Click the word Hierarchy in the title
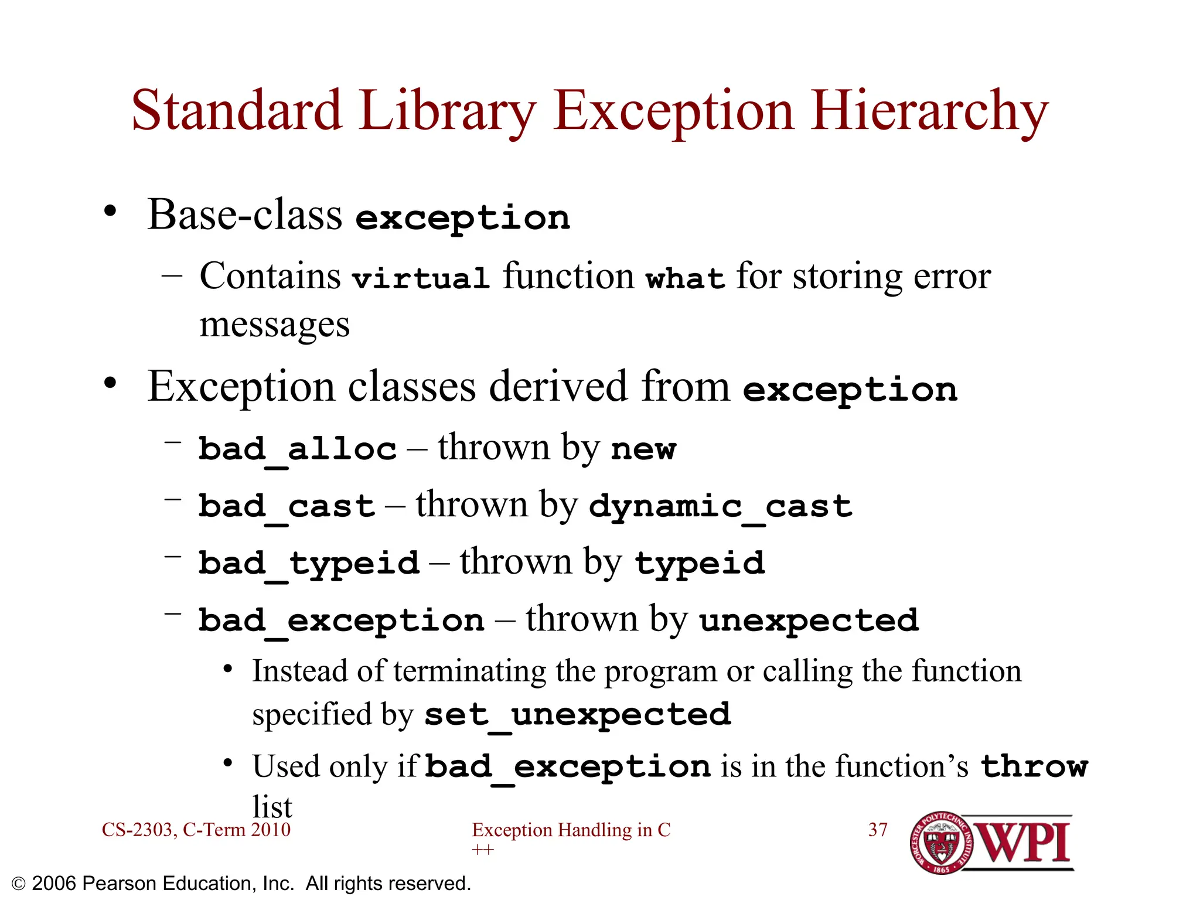pos(930,111)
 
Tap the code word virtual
pos(421,278)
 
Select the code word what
pos(685,278)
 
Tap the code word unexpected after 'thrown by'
pos(809,621)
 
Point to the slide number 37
pos(878,830)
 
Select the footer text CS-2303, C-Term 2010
pos(196,830)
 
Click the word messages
pos(274,325)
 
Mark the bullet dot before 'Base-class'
pos(110,211)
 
